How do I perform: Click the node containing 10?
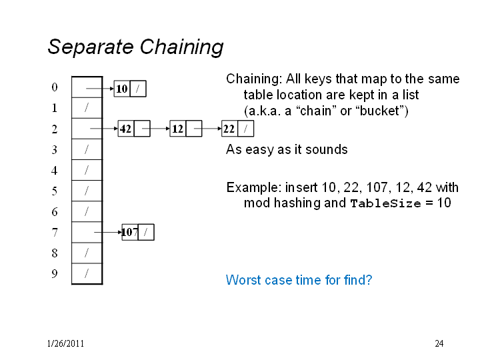pyautogui.click(x=130, y=89)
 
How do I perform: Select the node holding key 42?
pyautogui.click(x=134, y=129)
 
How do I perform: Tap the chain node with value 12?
pyautogui.click(x=186, y=129)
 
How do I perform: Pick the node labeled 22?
pyautogui.click(x=237, y=129)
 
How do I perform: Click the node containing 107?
pyautogui.click(x=138, y=232)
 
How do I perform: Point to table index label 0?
pyautogui.click(x=55, y=87)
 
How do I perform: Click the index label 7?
pyautogui.click(x=55, y=233)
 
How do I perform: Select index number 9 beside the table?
pyautogui.click(x=55, y=273)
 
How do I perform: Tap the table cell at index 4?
pyautogui.click(x=87, y=170)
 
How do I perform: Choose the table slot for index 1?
pyautogui.click(x=87, y=108)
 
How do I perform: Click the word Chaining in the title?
pyautogui.click(x=182, y=47)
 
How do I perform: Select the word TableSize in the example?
pyautogui.click(x=386, y=203)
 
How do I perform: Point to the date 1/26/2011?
pyautogui.click(x=65, y=343)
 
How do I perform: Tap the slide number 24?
pyautogui.click(x=439, y=343)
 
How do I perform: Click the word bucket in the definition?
pyautogui.click(x=379, y=111)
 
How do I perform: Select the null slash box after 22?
pyautogui.click(x=246, y=129)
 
